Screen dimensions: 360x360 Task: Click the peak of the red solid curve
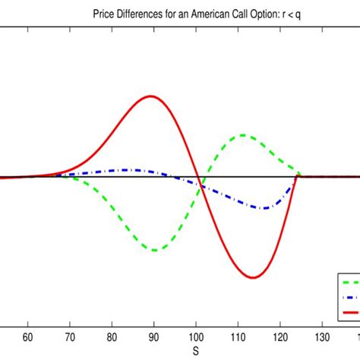click(x=152, y=96)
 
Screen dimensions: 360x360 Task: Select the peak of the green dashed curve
click(x=243, y=135)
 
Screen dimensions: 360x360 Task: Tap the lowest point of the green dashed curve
click(x=154, y=250)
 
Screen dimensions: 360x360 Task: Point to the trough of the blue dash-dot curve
click(x=262, y=208)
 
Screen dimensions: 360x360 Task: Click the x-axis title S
click(x=195, y=352)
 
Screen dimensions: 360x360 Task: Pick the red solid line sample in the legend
click(x=350, y=311)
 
